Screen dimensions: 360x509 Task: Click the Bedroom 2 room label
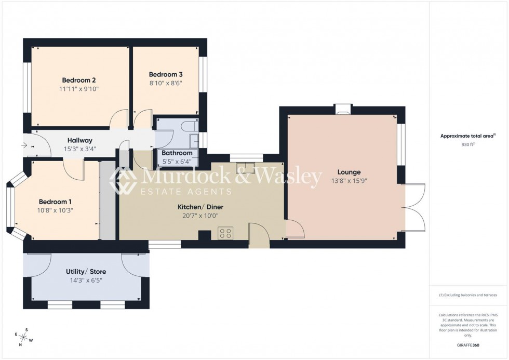tap(78, 80)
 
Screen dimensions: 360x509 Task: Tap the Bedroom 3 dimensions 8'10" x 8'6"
tap(166, 83)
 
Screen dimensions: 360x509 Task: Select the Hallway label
tap(80, 140)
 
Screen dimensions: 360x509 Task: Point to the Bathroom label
tap(177, 153)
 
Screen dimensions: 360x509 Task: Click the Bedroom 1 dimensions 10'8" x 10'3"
tap(55, 210)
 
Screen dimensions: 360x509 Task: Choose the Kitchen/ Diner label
tap(200, 207)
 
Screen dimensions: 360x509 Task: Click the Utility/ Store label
tap(84, 272)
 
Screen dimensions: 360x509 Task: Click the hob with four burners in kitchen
tap(225, 233)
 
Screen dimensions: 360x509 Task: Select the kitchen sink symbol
tap(245, 167)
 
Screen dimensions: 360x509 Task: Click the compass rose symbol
tap(24, 337)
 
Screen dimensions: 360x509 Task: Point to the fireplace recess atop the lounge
tap(342, 109)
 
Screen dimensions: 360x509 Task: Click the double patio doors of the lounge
tap(414, 207)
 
